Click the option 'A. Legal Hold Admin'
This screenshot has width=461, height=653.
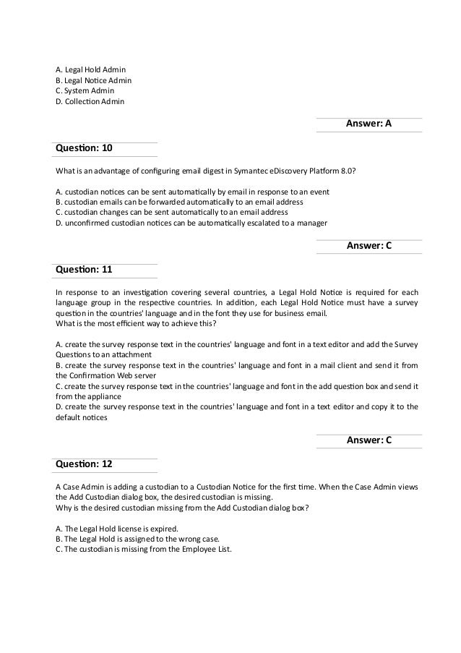click(90, 69)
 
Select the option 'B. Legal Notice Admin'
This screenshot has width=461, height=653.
click(93, 80)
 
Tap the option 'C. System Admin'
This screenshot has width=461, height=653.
click(85, 91)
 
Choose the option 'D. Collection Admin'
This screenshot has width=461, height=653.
click(90, 102)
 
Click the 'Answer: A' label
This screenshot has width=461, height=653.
click(369, 124)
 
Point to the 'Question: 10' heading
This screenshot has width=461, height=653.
click(84, 148)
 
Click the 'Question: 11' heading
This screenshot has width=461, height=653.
click(84, 270)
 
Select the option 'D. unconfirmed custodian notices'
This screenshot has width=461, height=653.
click(191, 223)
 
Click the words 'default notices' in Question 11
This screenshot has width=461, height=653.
click(80, 417)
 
